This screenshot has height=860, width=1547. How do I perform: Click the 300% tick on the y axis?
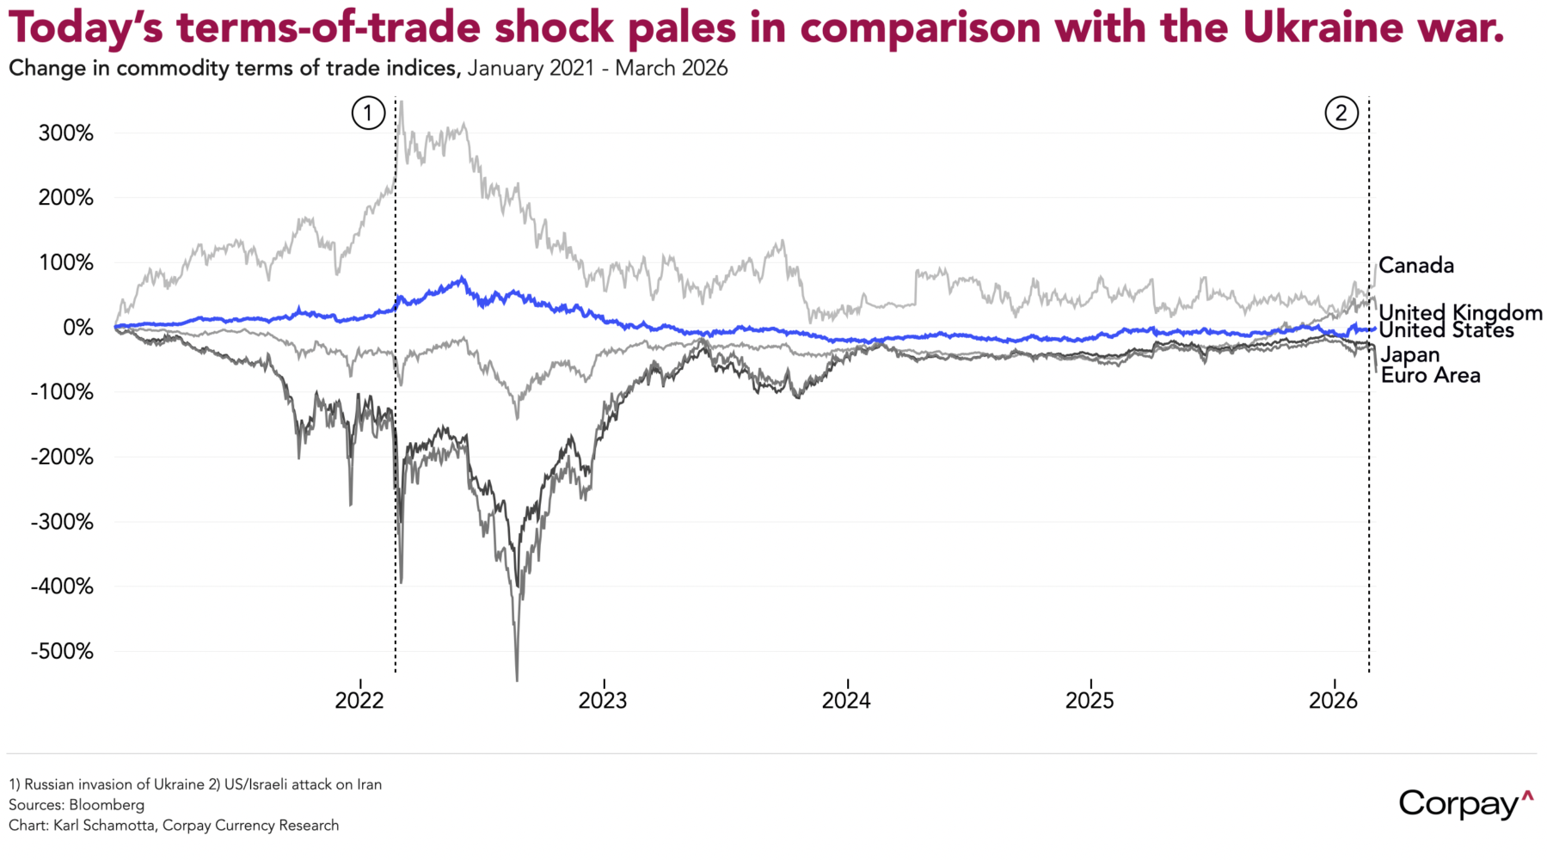click(65, 133)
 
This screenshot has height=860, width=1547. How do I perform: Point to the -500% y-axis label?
click(62, 651)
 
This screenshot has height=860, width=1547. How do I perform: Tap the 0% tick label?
click(77, 328)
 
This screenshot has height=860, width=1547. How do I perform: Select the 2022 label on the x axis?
click(359, 700)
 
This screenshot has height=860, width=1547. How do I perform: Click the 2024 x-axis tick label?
click(846, 700)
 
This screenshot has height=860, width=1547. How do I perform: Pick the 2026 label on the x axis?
click(1333, 700)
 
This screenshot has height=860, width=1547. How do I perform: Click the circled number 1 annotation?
click(368, 113)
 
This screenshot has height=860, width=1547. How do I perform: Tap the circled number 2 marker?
click(1341, 113)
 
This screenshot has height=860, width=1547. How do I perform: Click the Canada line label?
click(1415, 266)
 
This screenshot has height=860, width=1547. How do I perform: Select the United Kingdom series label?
click(1460, 312)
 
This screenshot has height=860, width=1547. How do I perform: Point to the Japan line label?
click(1409, 354)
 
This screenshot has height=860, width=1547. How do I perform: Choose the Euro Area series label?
click(1430, 375)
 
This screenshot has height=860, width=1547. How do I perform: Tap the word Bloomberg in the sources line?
click(107, 805)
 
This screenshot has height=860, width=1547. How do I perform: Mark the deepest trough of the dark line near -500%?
click(517, 679)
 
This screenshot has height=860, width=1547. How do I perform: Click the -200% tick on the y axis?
click(62, 457)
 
